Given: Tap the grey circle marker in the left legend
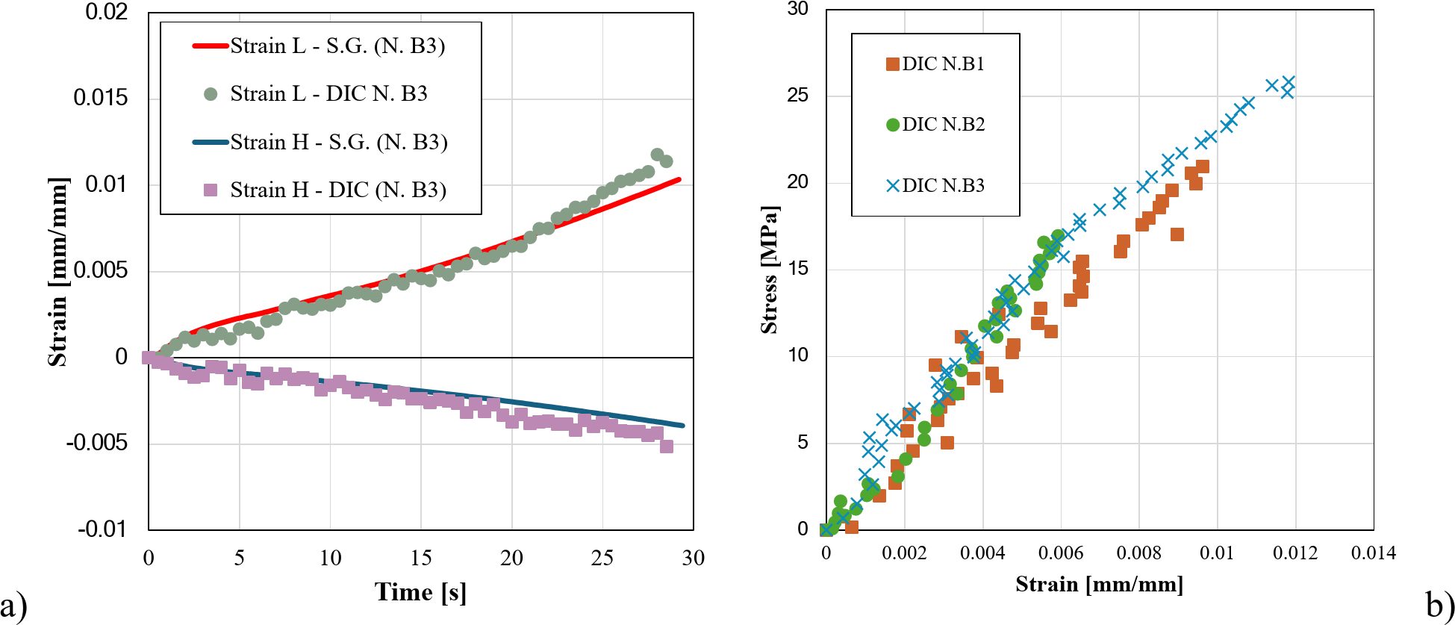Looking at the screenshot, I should [211, 94].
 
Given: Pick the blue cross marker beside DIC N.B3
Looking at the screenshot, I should [892, 186].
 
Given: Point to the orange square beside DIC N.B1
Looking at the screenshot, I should [892, 64].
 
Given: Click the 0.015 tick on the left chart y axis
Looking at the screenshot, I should [100, 98].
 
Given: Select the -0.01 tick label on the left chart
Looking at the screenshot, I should [102, 529].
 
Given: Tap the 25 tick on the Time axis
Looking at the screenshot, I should [602, 558].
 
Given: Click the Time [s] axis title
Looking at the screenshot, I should [420, 592].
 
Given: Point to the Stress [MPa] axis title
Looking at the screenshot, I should [769, 270].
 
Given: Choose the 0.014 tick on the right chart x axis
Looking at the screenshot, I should [1373, 553].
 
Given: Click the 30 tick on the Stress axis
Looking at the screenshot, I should [798, 9].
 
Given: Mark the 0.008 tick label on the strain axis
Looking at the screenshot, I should [1138, 553].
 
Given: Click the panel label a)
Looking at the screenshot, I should [13, 604].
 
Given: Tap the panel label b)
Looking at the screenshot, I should [1439, 604].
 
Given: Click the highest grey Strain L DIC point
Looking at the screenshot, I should [657, 155].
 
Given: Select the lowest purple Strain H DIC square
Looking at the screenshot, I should [667, 447].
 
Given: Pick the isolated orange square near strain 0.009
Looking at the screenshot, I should [1177, 234].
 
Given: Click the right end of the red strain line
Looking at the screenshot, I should [679, 179].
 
